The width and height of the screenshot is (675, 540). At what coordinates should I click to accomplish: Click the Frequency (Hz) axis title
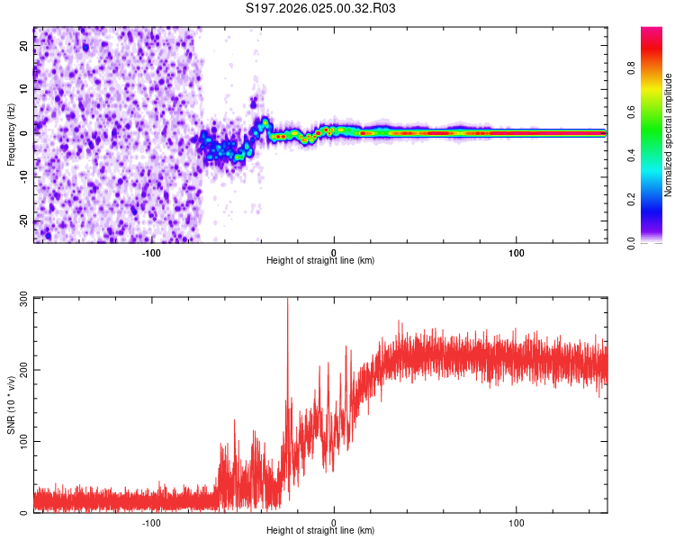11,134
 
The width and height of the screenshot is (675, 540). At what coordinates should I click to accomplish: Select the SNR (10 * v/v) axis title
11,404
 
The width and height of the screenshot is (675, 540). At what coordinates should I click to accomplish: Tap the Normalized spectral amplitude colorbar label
669,135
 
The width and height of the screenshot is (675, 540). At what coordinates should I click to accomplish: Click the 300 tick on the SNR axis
23,297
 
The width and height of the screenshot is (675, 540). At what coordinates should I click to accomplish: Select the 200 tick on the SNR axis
23,369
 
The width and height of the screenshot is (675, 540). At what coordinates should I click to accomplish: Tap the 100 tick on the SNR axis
23,441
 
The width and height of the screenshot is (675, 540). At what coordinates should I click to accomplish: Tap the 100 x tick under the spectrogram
517,252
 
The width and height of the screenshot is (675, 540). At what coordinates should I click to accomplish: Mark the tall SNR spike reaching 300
287,302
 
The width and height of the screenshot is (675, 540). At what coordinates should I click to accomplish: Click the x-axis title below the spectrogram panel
320,260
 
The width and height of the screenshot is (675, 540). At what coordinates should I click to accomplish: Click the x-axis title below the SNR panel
320,530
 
